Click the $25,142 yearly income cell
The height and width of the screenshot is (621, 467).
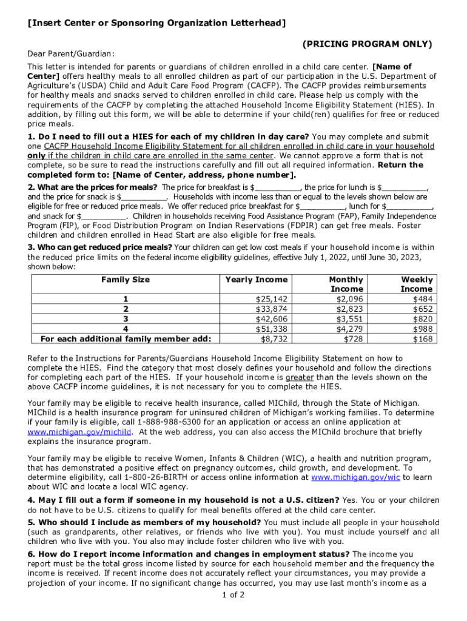click(x=272, y=300)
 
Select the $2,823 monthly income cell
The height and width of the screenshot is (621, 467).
click(x=349, y=309)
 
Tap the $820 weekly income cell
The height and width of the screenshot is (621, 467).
click(x=423, y=319)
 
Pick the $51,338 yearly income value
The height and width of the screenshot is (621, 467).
click(x=272, y=329)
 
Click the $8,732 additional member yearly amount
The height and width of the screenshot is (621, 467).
click(x=274, y=338)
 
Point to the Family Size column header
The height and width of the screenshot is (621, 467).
click(x=126, y=280)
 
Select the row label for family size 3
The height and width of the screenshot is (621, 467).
click(x=126, y=319)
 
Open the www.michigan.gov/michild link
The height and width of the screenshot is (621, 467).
click(x=79, y=432)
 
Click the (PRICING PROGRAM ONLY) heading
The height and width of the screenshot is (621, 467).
click(x=368, y=44)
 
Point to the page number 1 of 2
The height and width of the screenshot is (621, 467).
click(x=233, y=594)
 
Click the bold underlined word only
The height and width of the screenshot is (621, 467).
click(x=36, y=156)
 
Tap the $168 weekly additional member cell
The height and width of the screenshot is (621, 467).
click(x=423, y=338)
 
